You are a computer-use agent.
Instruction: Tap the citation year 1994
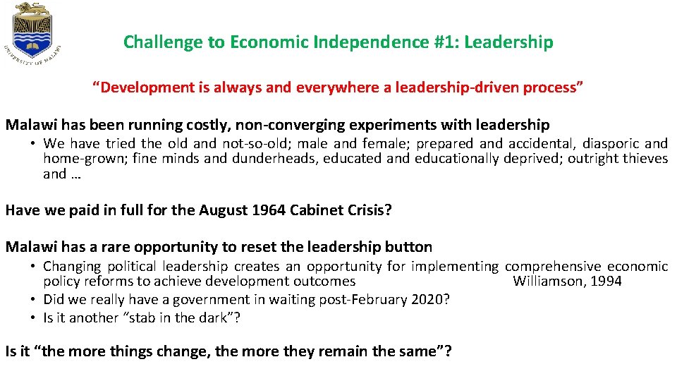[x=606, y=282]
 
